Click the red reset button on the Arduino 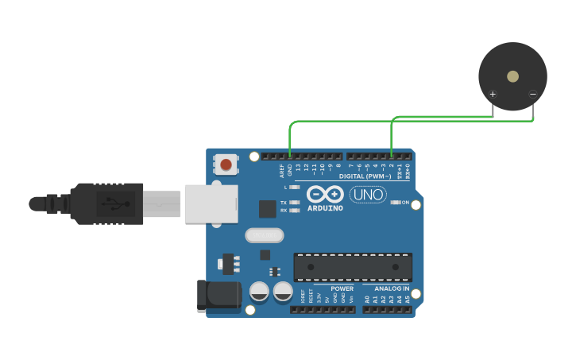226,165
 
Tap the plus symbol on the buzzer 493,95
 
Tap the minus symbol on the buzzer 532,95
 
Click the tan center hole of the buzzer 512,76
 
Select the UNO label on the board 368,195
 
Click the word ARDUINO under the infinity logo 325,208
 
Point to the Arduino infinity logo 325,195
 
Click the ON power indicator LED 396,203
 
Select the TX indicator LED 296,203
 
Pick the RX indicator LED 296,211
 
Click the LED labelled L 296,188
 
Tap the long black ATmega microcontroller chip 353,267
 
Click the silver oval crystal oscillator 265,235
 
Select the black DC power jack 218,295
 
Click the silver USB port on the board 211,203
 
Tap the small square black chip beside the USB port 267,208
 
